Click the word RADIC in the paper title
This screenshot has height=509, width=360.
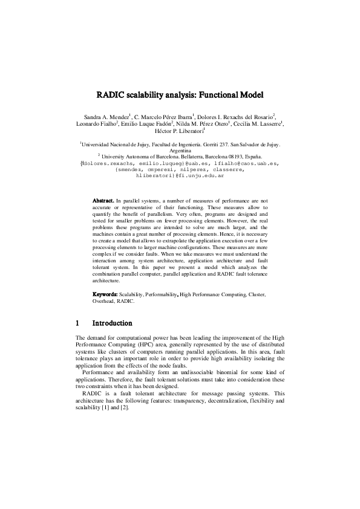pyautogui.click(x=111, y=95)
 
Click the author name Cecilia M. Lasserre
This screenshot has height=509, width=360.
pyautogui.click(x=261, y=123)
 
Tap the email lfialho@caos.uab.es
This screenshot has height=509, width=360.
pyautogui.click(x=243, y=163)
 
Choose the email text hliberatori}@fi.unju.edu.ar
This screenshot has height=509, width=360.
pyautogui.click(x=180, y=176)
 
